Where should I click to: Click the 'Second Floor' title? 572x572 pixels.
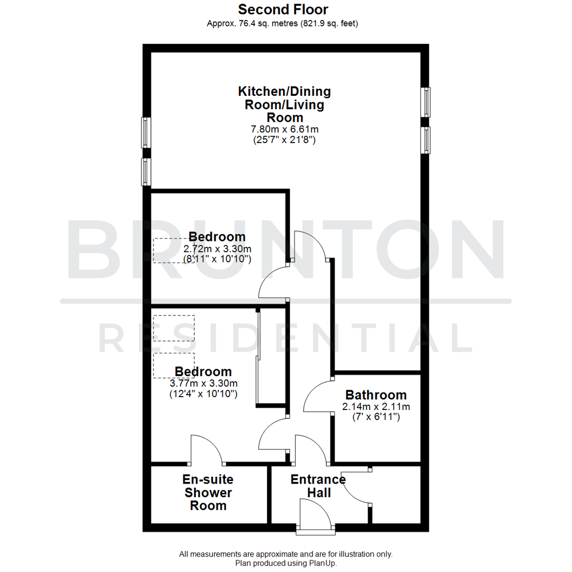(x=283, y=10)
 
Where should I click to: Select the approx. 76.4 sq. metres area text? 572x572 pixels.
(x=283, y=23)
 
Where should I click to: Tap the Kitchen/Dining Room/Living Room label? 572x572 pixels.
(x=284, y=104)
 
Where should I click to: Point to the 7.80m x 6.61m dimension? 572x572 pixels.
(x=284, y=129)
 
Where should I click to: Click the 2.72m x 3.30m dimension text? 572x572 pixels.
(x=217, y=248)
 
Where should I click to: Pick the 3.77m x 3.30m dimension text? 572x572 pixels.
(x=203, y=383)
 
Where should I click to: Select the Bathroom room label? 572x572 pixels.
(x=376, y=395)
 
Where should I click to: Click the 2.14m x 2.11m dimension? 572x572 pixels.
(x=376, y=407)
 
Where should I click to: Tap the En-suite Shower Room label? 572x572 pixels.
(x=208, y=493)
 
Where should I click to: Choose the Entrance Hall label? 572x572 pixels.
(x=318, y=486)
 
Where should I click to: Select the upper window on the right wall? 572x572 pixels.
(x=426, y=102)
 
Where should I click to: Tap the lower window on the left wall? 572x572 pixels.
(x=146, y=172)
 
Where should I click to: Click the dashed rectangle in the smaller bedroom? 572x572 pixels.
(x=173, y=251)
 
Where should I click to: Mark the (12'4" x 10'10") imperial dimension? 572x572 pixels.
(x=203, y=394)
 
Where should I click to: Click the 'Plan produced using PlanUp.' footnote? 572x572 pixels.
(x=286, y=564)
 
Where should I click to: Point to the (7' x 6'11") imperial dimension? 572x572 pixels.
(x=376, y=417)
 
